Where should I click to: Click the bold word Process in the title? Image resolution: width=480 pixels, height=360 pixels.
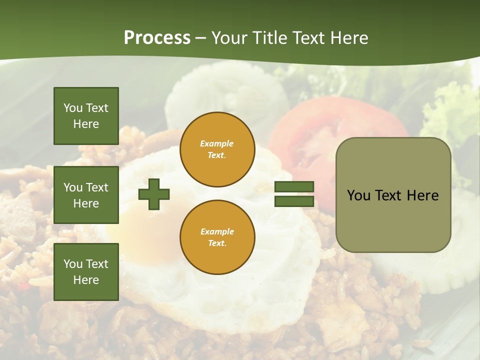pos(157,38)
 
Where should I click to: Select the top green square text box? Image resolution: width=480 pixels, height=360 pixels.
pos(86,116)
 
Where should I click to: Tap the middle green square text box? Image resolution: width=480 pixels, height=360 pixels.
pos(86,195)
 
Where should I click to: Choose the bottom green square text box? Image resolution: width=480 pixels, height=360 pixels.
pos(86,272)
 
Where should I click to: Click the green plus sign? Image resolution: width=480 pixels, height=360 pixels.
pos(154,194)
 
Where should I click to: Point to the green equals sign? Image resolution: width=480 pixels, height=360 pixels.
pos(294,194)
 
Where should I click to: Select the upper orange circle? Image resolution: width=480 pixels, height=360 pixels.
pos(217,149)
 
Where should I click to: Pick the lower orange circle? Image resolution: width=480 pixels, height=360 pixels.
pos(217,237)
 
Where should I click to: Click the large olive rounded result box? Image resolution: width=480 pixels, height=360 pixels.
pos(393,195)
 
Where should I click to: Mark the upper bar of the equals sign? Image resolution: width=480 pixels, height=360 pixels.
pos(294,187)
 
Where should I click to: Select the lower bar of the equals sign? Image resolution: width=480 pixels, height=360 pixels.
pos(294,201)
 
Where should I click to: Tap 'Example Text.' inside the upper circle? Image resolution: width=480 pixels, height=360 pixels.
pos(217,149)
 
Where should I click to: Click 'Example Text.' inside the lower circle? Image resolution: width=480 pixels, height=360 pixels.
pos(217,237)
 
